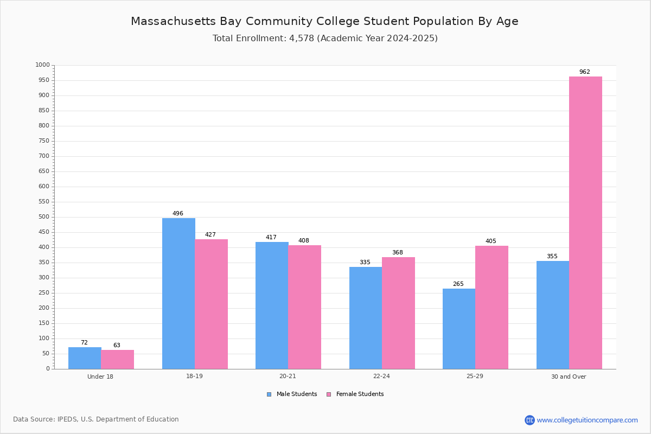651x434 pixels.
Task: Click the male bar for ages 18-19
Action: pos(178,293)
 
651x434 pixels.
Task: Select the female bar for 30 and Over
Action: pos(585,223)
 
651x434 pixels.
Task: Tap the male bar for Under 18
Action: pos(85,358)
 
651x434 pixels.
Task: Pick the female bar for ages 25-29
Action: pos(492,308)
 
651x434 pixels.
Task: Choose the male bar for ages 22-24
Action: pos(366,318)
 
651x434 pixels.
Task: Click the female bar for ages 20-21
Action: pos(304,307)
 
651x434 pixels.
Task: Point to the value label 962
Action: pos(585,72)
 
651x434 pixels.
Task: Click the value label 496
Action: pos(178,213)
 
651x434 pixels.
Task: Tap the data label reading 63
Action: pos(117,345)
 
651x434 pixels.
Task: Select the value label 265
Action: pos(458,284)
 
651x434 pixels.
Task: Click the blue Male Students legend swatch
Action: pos(269,394)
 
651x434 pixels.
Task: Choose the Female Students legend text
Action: pos(360,394)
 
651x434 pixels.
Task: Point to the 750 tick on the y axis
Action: pos(44,141)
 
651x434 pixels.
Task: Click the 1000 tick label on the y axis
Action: pos(43,65)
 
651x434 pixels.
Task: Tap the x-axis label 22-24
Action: pos(381,376)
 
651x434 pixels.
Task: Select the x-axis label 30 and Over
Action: pos(569,376)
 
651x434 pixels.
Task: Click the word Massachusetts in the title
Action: pos(173,21)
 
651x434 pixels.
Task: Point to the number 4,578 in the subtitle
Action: pos(302,38)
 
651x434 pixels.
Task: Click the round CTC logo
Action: pos(529,420)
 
